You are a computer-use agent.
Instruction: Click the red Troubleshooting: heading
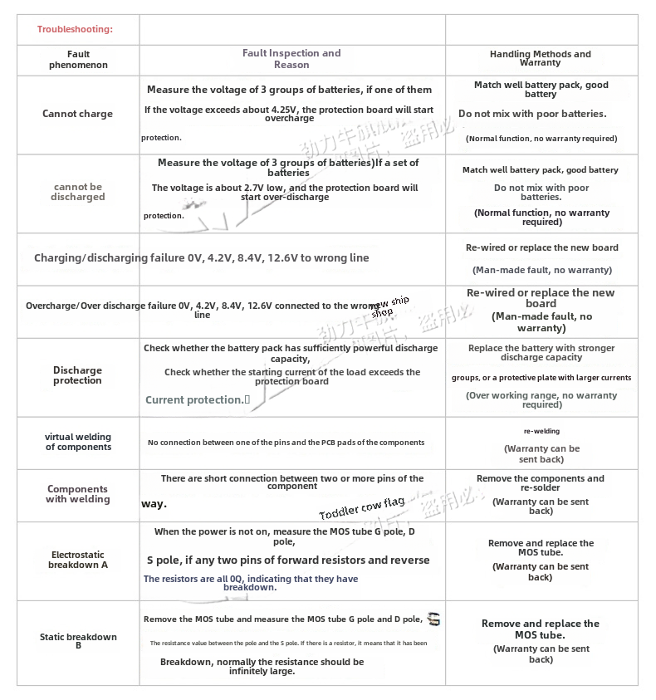tap(75, 30)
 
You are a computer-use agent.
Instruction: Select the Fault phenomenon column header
tap(78, 59)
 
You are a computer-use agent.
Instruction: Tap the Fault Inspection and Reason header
tap(291, 59)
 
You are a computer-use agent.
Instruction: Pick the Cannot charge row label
tap(77, 115)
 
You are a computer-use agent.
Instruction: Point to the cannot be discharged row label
tap(78, 192)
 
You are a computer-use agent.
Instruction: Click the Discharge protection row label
tap(77, 375)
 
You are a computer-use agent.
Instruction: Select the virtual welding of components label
tap(78, 442)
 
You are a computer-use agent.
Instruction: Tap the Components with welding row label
tap(78, 494)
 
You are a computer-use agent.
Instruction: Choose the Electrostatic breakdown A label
tap(78, 560)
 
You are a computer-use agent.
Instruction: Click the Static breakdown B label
tap(78, 640)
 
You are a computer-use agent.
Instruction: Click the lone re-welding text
tap(541, 432)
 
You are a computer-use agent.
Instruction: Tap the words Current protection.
tap(195, 400)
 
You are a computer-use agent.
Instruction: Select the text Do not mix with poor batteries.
tap(532, 114)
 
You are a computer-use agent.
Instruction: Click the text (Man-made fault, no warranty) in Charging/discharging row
tap(542, 270)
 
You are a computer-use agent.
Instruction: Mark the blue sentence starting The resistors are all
tap(251, 583)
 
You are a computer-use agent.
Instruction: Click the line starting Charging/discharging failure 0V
tap(202, 258)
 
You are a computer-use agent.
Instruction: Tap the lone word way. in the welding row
tap(154, 504)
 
